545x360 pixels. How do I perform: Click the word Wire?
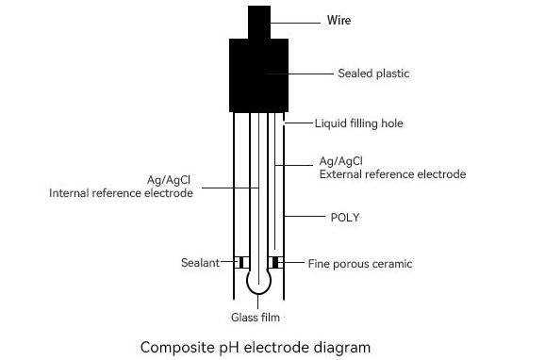pyautogui.click(x=339, y=20)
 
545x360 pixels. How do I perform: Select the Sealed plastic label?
pyautogui.click(x=373, y=74)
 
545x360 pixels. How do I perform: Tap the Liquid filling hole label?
pyautogui.click(x=358, y=123)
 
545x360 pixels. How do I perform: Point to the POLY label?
pyautogui.click(x=345, y=218)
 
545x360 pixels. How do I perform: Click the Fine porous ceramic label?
pyautogui.click(x=360, y=264)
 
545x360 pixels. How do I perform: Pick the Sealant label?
pyautogui.click(x=200, y=263)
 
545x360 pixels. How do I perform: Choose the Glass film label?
pyautogui.click(x=256, y=318)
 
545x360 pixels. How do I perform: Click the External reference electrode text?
pyautogui.click(x=393, y=174)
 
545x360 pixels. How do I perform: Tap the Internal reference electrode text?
pyautogui.click(x=121, y=193)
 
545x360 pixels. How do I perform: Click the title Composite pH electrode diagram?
pyautogui.click(x=256, y=348)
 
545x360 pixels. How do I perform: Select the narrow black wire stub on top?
pyautogui.click(x=259, y=23)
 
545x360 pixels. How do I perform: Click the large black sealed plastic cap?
pyautogui.click(x=259, y=75)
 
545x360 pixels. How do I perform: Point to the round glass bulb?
pyautogui.click(x=259, y=282)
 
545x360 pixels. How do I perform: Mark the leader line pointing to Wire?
pyautogui.click(x=295, y=24)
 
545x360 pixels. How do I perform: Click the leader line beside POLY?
pyautogui.click(x=305, y=217)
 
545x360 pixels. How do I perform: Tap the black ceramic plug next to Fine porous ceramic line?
pyautogui.click(x=275, y=263)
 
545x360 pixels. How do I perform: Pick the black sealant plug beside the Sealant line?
pyautogui.click(x=241, y=263)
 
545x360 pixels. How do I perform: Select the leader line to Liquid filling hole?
pyautogui.click(x=298, y=123)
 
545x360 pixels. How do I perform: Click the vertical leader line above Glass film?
pyautogui.click(x=258, y=302)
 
